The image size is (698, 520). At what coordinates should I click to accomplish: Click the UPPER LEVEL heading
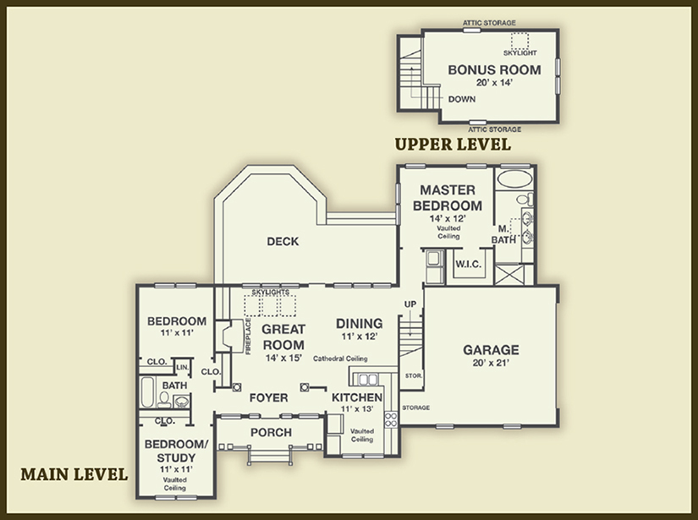point(453,145)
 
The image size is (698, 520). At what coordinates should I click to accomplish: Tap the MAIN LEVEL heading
point(74,473)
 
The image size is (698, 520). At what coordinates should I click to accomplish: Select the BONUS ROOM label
point(481,69)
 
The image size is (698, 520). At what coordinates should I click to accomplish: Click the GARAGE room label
point(491,349)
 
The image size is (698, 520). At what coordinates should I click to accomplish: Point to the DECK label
point(283,242)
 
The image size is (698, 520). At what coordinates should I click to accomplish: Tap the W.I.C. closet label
point(468,265)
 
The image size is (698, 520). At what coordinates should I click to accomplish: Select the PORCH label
point(271,432)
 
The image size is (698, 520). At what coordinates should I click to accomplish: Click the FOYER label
point(268,397)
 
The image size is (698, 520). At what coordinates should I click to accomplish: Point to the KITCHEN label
point(357,397)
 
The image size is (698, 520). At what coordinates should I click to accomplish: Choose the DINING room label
point(359,323)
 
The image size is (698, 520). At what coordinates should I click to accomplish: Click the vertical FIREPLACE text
point(248,336)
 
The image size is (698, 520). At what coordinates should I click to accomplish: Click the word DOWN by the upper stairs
point(462,99)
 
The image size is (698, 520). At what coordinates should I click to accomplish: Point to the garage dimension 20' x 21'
point(491,364)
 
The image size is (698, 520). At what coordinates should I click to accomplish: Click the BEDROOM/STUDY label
point(176,450)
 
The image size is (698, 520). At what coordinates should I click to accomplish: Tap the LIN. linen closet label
point(182,367)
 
